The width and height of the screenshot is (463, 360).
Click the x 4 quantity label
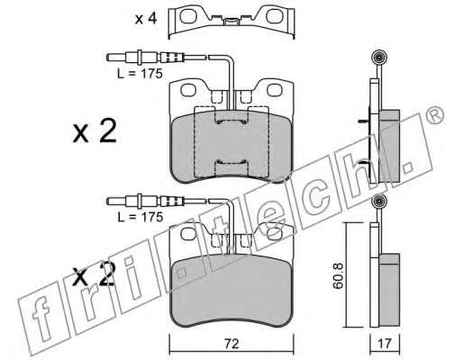tap(146, 19)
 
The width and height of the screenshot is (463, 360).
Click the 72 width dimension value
tap(231, 344)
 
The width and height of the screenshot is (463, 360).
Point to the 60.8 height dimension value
tap(338, 275)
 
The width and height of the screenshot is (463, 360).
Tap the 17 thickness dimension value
tap(385, 344)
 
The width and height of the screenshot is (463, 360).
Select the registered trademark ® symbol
tap(434, 115)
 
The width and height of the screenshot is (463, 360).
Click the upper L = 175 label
tap(140, 74)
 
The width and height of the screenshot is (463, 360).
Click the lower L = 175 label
tap(140, 217)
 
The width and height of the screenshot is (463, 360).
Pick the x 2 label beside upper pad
tap(95, 131)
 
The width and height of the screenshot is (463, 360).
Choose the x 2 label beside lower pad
tap(94, 274)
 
